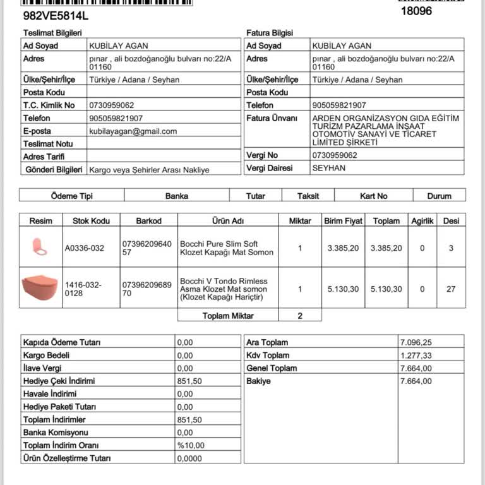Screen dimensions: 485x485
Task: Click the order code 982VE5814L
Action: tap(56, 14)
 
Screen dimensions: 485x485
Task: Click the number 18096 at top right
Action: tap(416, 11)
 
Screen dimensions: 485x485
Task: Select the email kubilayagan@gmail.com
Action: tap(133, 131)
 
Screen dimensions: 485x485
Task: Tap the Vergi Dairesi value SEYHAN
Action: tap(329, 168)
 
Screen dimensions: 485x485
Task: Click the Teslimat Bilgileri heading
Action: tap(52, 33)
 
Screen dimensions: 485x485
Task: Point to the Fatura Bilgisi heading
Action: tap(270, 33)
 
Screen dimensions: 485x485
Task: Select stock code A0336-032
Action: tap(85, 248)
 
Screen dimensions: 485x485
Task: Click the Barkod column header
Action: tap(149, 221)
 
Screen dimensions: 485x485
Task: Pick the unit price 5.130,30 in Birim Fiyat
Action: tap(343, 289)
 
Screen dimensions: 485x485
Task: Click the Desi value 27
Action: tap(451, 289)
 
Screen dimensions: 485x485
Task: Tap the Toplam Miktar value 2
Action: tap(300, 315)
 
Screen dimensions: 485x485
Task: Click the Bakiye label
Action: tap(258, 381)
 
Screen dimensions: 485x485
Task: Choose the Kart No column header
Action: tap(373, 196)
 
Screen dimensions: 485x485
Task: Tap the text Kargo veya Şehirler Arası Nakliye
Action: tap(149, 169)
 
